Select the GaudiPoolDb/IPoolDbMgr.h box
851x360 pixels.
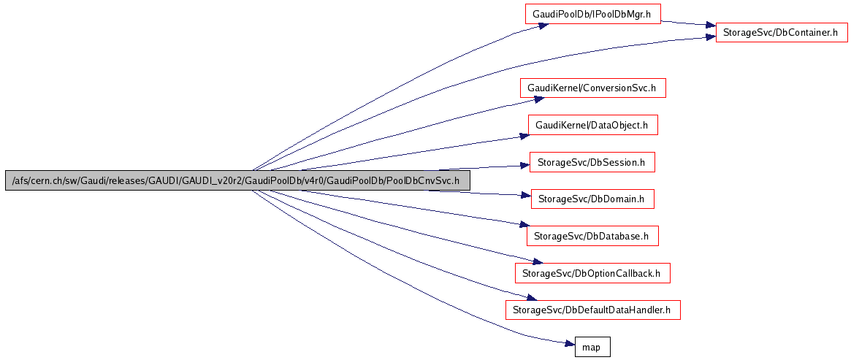[x=592, y=14]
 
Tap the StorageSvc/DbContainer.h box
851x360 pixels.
[x=781, y=32]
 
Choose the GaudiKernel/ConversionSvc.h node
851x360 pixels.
[x=592, y=88]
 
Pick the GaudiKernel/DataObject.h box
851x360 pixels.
[x=592, y=125]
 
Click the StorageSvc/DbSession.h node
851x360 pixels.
[x=591, y=162]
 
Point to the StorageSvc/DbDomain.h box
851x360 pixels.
[x=592, y=199]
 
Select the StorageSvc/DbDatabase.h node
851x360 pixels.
[x=592, y=236]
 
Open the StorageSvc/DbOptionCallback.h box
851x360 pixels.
[x=592, y=273]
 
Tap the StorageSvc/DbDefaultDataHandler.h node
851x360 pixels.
[x=592, y=310]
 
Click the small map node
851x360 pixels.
[x=592, y=347]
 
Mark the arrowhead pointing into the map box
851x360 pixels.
[x=570, y=344]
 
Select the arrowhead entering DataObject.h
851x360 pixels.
[x=524, y=134]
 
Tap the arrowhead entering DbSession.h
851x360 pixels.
[x=524, y=166]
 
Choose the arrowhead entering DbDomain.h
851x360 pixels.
[x=525, y=195]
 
